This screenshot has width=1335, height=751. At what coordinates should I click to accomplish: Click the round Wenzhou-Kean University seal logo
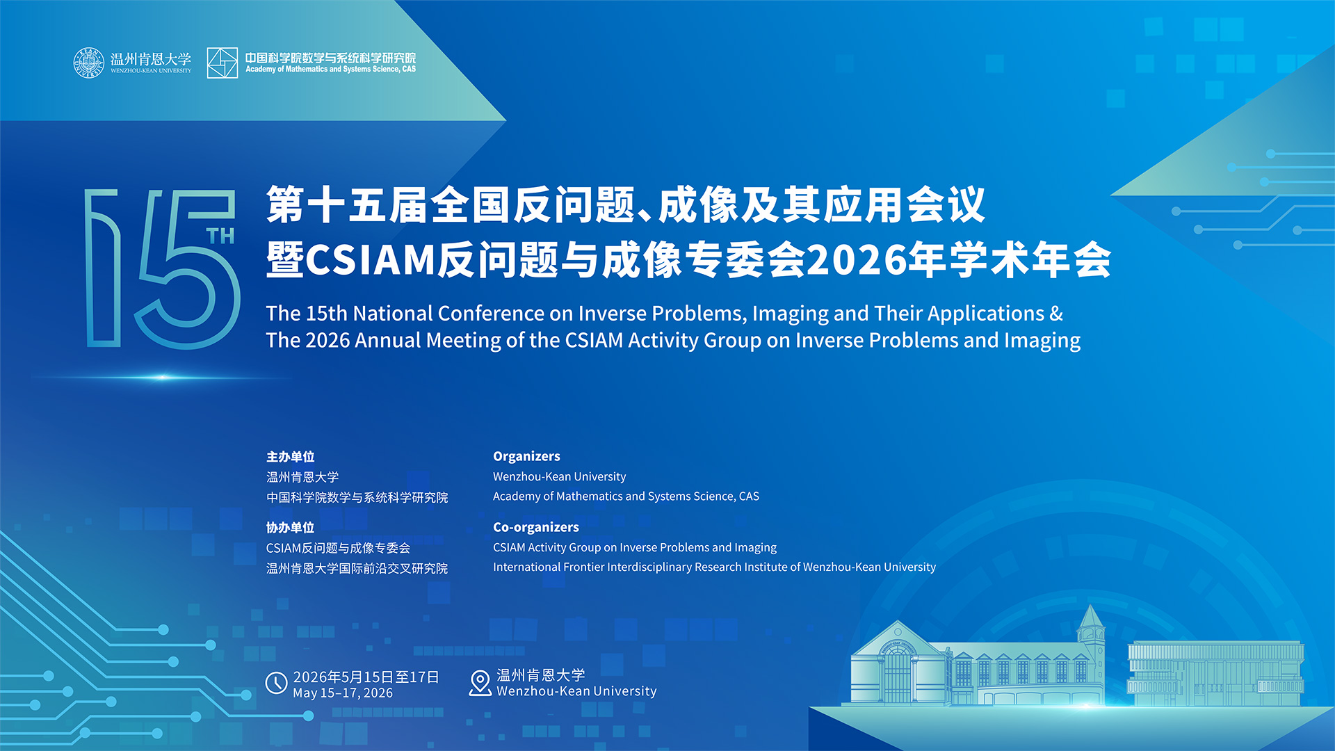click(88, 63)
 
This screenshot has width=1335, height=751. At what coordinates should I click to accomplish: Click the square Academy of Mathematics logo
click(222, 63)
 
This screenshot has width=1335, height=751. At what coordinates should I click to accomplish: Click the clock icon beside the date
click(277, 683)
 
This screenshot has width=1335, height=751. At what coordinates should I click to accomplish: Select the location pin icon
click(480, 683)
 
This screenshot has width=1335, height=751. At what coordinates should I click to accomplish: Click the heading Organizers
click(526, 456)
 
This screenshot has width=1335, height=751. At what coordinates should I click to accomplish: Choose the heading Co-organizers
click(536, 527)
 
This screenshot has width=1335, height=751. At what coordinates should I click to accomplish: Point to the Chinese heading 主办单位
click(291, 457)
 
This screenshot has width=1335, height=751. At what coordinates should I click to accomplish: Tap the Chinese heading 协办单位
click(291, 528)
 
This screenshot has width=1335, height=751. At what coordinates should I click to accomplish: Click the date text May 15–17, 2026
click(343, 693)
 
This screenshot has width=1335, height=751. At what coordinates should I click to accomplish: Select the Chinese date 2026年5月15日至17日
click(366, 677)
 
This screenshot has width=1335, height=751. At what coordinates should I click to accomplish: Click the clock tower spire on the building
click(1090, 619)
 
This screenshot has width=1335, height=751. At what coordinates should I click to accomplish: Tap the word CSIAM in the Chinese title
click(370, 260)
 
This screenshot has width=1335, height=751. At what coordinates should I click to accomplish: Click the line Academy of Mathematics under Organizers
click(626, 496)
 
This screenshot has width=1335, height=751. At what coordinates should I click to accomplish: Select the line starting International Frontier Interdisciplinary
click(714, 567)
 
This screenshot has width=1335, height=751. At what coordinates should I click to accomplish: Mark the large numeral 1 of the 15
click(103, 268)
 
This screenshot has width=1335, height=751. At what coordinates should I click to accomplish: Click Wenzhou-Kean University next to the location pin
click(576, 691)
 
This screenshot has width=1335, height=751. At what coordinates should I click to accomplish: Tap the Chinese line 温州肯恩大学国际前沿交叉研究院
click(357, 569)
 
